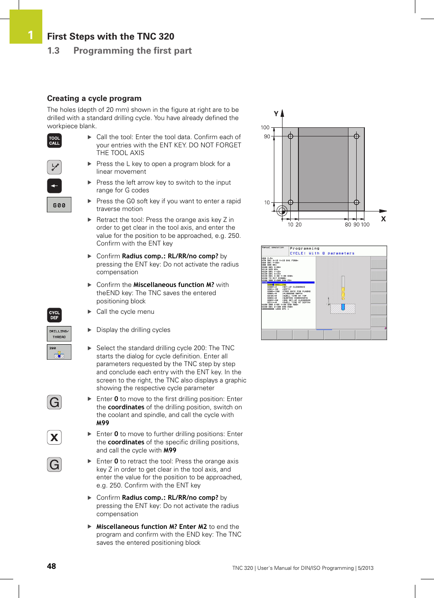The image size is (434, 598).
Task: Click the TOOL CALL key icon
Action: [55, 141]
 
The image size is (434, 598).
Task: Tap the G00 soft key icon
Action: [59, 205]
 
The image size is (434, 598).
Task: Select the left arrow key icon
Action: [55, 186]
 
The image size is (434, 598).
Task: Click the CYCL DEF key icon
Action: [55, 315]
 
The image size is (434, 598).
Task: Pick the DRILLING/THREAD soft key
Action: [59, 334]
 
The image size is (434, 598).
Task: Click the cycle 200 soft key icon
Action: [59, 352]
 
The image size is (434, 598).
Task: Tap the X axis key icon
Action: [55, 437]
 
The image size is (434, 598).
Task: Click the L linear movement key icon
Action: [55, 167]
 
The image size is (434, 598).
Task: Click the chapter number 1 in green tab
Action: [30, 35]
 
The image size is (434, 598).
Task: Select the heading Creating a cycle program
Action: [94, 98]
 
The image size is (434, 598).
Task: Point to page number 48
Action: [51, 566]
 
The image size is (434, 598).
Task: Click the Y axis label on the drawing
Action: [276, 114]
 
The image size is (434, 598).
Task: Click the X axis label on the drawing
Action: [383, 219]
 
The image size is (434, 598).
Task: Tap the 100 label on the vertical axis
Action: [265, 127]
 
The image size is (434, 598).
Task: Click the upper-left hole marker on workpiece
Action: [290, 136]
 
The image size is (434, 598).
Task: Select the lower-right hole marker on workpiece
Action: [356, 202]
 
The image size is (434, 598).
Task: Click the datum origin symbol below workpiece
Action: [282, 211]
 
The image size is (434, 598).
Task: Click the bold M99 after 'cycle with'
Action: [103, 423]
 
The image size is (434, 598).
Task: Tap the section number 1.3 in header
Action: [53, 50]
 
